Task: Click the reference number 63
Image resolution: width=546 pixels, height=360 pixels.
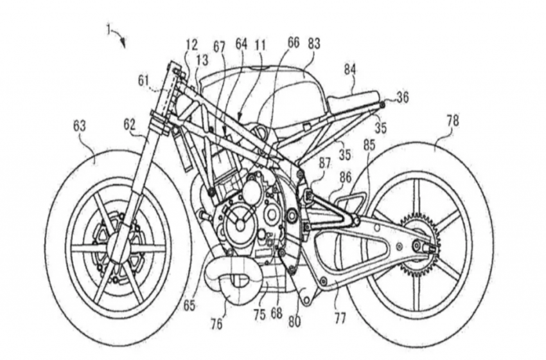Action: [79, 126]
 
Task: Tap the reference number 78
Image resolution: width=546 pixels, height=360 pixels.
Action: [452, 122]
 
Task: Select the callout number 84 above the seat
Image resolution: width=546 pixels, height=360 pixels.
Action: [350, 69]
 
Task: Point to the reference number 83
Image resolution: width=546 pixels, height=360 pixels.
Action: [313, 44]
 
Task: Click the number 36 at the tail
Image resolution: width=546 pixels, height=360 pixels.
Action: [403, 98]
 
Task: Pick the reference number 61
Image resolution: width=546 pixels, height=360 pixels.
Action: [143, 81]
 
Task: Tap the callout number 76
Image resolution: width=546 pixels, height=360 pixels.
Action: [216, 324]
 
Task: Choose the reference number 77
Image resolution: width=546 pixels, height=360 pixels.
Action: [340, 318]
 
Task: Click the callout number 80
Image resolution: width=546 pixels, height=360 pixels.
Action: [294, 321]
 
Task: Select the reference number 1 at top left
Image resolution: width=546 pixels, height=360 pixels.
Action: [109, 31]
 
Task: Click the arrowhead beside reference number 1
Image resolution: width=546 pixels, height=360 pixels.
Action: [123, 44]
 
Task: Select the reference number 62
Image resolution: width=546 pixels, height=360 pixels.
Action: [130, 125]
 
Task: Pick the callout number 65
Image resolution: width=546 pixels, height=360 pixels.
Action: [189, 305]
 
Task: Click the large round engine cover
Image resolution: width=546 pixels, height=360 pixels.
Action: [240, 225]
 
